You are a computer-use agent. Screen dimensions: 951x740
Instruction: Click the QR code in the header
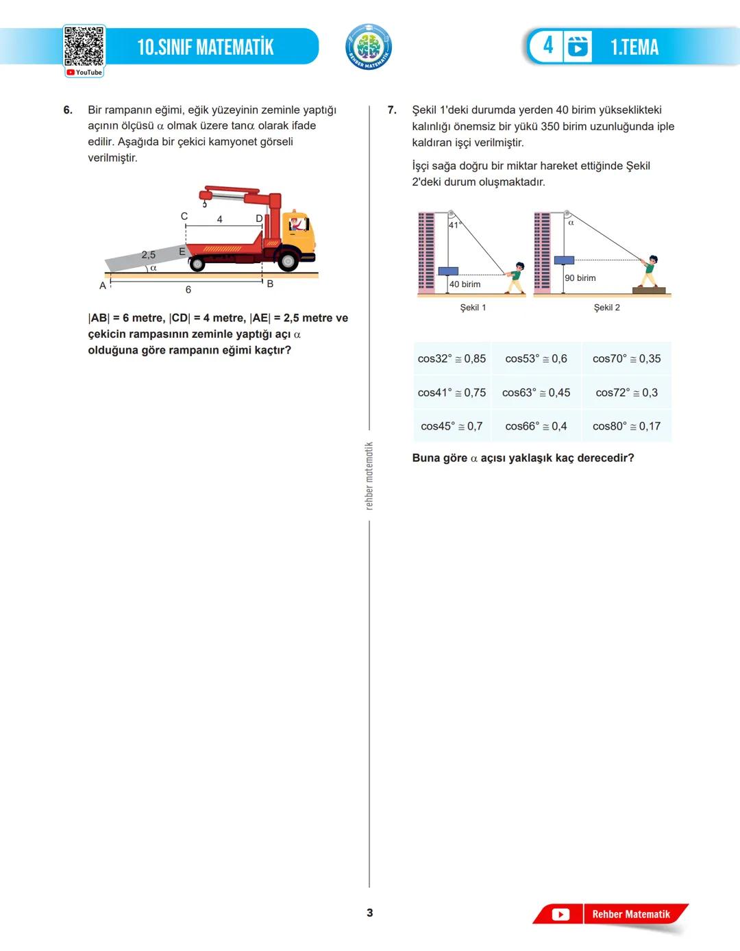(84, 47)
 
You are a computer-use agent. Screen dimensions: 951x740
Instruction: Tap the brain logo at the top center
(369, 47)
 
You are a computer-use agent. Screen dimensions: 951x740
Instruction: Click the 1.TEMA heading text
(634, 47)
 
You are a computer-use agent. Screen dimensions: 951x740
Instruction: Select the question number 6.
(68, 110)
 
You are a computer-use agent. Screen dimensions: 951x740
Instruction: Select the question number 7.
(392, 110)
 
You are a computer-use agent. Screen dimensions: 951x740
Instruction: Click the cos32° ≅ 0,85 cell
(452, 358)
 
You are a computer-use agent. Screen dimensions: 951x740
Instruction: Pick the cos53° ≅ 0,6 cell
(536, 358)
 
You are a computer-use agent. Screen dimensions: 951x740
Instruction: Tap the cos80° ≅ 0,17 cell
(626, 426)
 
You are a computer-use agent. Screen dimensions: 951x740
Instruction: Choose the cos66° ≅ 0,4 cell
(536, 426)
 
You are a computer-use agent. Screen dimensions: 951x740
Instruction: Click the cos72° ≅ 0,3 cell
(626, 393)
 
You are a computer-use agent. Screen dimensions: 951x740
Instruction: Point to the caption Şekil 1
(473, 308)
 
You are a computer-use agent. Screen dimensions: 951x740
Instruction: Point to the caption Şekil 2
(606, 308)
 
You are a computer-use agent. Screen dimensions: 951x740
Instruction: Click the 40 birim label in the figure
(465, 284)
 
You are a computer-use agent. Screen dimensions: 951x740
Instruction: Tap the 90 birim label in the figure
(580, 278)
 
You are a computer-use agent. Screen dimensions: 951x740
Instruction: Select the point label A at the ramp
(103, 286)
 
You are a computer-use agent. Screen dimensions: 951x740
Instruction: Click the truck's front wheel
(288, 260)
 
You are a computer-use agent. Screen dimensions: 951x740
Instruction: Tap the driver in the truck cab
(296, 223)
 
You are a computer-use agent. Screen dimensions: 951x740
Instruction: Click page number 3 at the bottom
(370, 913)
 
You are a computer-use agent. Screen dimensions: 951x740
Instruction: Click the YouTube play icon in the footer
(560, 915)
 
